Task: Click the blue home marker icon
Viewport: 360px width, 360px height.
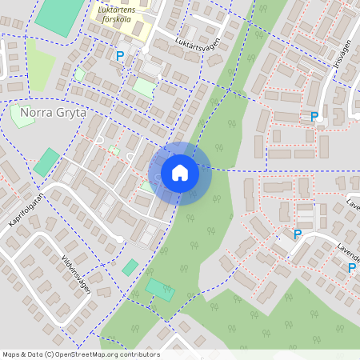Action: pos(180,173)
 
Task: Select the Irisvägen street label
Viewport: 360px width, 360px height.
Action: pos(343,60)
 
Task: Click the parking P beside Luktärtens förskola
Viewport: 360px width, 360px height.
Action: pos(120,56)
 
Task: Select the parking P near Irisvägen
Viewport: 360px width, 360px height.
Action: pos(314,118)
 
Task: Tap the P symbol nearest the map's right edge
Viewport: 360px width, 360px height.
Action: pos(351,268)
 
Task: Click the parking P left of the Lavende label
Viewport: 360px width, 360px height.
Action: pos(298,234)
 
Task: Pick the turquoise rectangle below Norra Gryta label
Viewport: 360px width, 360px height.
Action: pos(46,162)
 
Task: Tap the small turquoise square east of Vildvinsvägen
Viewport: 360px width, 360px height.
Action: pos(130,267)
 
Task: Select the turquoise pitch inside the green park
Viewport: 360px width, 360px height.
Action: pos(161,290)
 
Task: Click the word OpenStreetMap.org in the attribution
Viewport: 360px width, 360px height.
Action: pos(86,354)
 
